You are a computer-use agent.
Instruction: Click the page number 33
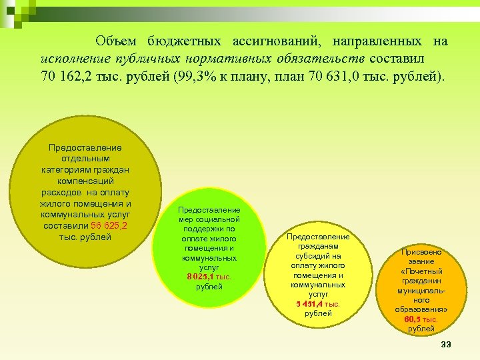447,344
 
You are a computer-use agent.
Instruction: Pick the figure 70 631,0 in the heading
335,75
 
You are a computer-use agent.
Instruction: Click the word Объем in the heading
117,41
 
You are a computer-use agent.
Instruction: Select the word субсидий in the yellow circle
318,255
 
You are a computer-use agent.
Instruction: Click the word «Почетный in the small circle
421,272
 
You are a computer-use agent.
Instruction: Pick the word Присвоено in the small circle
421,253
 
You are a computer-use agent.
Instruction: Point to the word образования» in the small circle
421,309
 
